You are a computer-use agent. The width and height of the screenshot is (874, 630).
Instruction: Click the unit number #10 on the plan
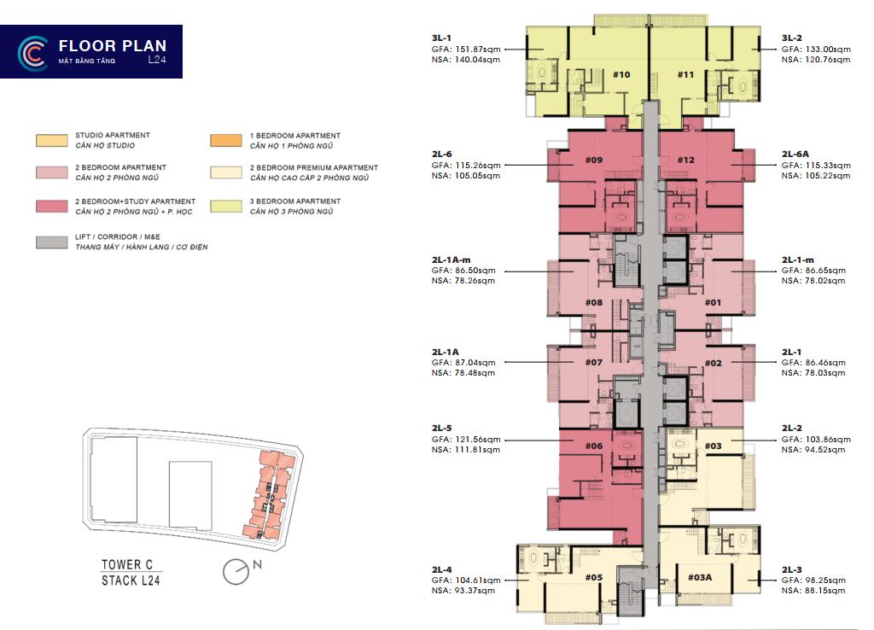click(621, 75)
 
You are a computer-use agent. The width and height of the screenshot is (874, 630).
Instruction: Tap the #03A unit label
click(700, 578)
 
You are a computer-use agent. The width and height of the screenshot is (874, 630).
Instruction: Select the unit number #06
click(594, 446)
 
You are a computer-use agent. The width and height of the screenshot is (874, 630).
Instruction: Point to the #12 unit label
click(686, 160)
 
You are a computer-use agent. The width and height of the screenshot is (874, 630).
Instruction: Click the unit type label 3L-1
click(441, 38)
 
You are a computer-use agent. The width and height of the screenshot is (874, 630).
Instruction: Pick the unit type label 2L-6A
click(795, 154)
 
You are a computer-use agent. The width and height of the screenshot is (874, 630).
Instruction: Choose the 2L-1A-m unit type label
click(451, 260)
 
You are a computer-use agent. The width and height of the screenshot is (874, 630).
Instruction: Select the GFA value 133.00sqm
click(828, 49)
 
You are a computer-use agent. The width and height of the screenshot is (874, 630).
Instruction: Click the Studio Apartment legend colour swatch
click(52, 141)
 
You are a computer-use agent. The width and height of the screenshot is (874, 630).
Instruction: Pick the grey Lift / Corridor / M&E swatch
click(52, 242)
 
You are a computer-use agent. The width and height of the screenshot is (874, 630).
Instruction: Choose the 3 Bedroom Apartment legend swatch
click(226, 207)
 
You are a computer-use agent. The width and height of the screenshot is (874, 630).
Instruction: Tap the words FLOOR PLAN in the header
click(113, 46)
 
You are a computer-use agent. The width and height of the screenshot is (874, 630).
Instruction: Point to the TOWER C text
click(127, 564)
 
